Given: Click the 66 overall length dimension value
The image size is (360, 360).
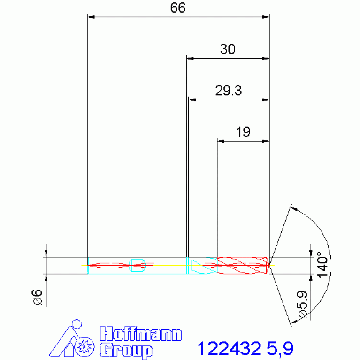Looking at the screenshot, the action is click(178, 8).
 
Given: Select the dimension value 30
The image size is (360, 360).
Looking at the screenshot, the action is click(228, 49).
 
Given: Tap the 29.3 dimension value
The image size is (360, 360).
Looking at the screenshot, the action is click(229, 91).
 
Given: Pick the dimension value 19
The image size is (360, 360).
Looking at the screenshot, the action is click(243, 132).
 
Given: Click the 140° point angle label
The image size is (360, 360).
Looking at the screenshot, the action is click(322, 265).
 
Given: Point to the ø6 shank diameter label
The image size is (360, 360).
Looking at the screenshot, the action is click(37, 297).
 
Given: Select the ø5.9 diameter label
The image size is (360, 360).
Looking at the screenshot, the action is click(302, 304).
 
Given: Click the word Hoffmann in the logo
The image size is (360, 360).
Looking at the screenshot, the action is click(141, 334).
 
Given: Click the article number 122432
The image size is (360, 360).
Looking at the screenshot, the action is click(230, 348).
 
